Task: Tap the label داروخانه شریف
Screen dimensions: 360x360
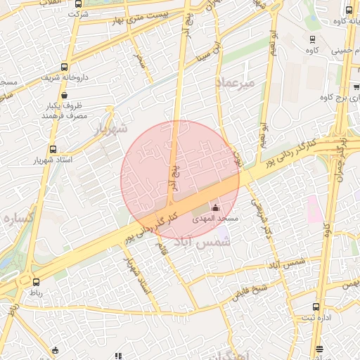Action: pos(65,78)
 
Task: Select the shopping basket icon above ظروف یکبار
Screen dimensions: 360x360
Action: pos(65,96)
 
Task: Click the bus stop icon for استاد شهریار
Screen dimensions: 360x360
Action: pos(53,149)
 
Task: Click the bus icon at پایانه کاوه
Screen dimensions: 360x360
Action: pos(349,10)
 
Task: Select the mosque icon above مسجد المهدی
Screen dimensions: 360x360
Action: pos(215,207)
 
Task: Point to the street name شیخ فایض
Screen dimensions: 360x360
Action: pos(250,290)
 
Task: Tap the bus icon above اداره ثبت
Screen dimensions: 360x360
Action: pos(316,307)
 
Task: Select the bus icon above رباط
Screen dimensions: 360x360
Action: pos(36,282)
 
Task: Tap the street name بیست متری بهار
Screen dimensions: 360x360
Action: pos(145,18)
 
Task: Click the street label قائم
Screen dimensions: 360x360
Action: pos(163,247)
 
